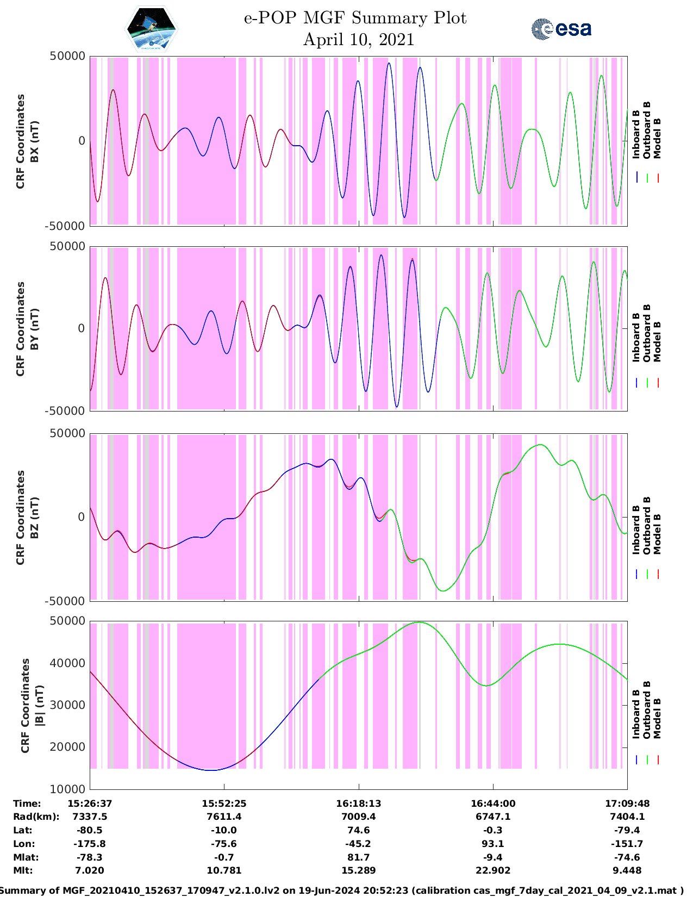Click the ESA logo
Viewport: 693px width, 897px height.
click(561, 29)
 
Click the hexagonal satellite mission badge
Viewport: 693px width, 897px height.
click(151, 29)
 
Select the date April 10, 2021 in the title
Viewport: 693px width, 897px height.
click(358, 40)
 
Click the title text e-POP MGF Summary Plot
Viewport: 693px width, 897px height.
click(355, 18)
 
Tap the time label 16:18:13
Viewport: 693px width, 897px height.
click(358, 803)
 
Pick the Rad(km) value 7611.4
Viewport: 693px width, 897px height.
click(224, 817)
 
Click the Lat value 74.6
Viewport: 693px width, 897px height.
click(358, 830)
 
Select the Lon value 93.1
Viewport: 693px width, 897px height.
click(492, 844)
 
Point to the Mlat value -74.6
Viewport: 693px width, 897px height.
click(627, 857)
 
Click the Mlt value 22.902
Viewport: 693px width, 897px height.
click(492, 870)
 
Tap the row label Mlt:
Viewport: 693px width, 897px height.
click(23, 870)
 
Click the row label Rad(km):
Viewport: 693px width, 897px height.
click(36, 817)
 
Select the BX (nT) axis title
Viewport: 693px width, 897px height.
click(34, 141)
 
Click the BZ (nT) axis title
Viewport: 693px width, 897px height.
click(34, 518)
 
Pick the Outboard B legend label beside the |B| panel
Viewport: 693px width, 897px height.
click(647, 710)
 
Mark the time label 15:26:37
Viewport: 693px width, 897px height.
click(90, 803)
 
